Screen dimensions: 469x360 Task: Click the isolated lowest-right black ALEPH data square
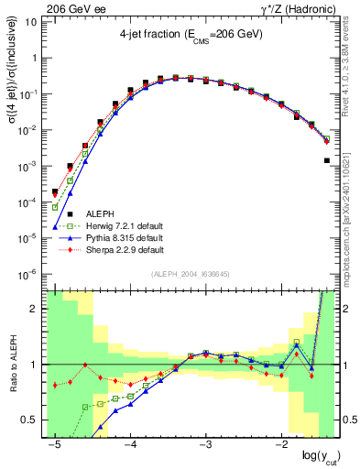pyautogui.click(x=327, y=160)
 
